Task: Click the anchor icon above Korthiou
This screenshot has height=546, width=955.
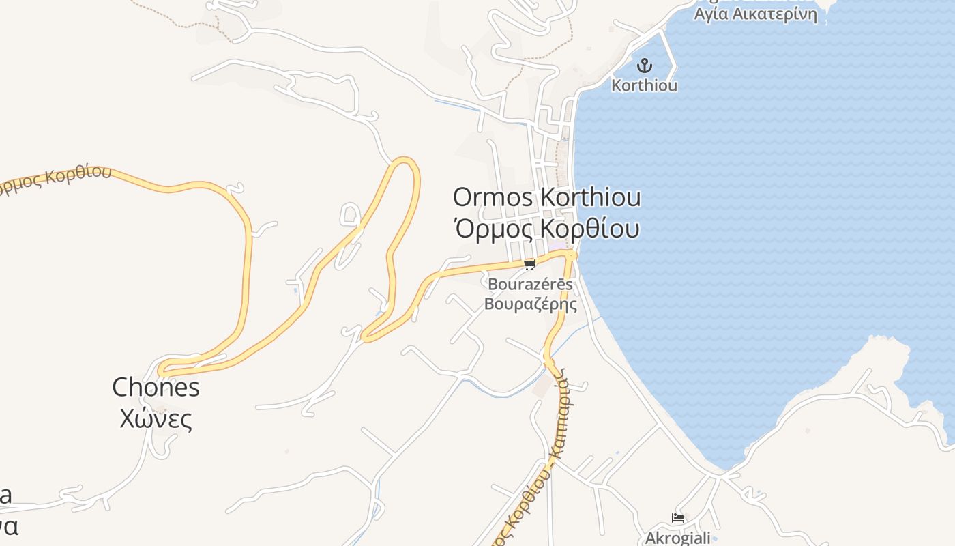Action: point(644,66)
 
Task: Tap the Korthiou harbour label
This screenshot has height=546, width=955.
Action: point(644,86)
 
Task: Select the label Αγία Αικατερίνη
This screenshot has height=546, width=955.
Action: point(755,14)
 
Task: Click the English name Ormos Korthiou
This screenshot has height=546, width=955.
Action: point(547,198)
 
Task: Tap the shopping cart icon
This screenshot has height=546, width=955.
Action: point(529,264)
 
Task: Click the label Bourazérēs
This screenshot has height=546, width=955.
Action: point(530,284)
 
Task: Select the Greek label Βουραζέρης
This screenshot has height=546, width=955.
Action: point(530,304)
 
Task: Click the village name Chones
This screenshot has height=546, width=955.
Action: point(156,388)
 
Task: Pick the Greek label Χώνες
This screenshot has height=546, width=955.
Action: point(156,418)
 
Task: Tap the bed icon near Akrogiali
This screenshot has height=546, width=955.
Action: point(678,518)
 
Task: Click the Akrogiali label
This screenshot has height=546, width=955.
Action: point(678,538)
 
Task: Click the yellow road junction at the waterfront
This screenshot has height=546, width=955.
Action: point(572,254)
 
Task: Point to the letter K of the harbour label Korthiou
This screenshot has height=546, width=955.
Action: point(616,86)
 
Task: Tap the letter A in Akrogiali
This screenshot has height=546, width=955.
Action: point(651,538)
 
